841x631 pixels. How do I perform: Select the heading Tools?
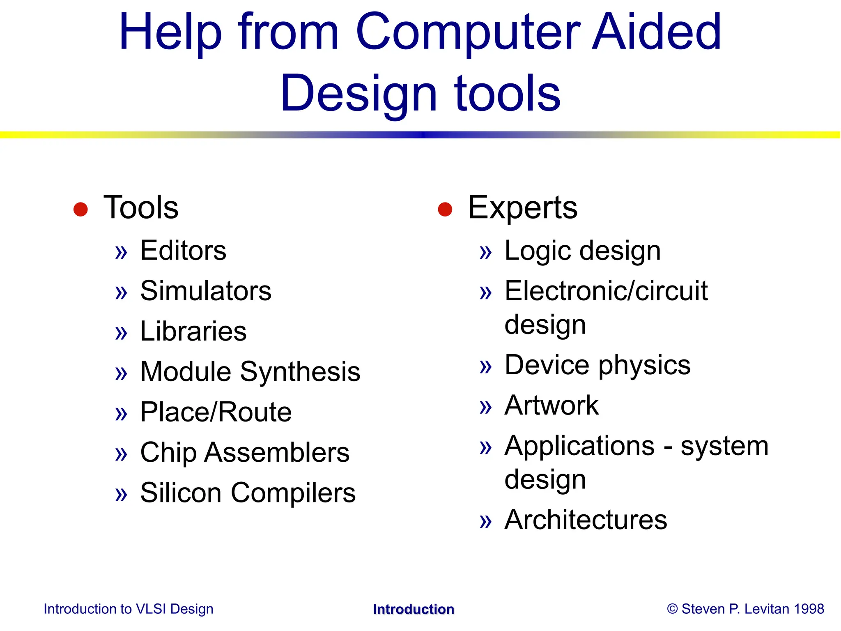pos(141,207)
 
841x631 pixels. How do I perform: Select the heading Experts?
pos(522,207)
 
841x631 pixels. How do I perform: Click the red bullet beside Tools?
pos(80,209)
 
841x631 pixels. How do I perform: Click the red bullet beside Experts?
pos(445,209)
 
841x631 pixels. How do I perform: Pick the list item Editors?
pos(183,250)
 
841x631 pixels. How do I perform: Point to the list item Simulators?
pos(206,291)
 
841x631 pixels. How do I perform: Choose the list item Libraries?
pos(193,331)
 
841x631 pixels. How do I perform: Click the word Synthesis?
pos(300,372)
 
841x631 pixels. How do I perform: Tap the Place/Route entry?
pos(216,412)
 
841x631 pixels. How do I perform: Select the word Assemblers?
pos(277,452)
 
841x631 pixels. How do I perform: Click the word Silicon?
pos(181,493)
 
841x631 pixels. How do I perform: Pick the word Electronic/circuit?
pos(606,291)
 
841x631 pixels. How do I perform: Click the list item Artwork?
pos(551,405)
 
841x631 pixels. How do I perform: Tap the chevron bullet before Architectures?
pos(485,521)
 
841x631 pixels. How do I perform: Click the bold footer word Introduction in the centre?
pos(414,609)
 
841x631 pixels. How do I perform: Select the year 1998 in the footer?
pos(809,609)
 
